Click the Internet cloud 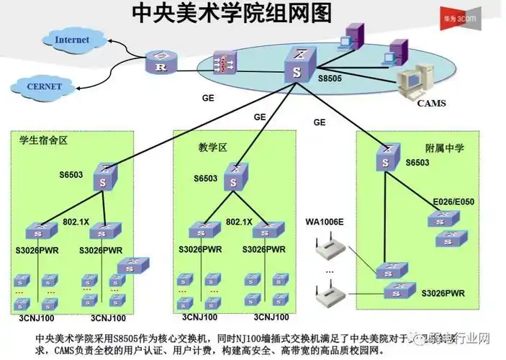tap(71, 40)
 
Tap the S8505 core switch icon tap(297, 66)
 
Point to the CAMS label tap(431, 103)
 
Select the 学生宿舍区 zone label tap(42, 140)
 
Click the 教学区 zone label tap(212, 148)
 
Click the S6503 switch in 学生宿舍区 tap(106, 176)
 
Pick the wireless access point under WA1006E tap(329, 248)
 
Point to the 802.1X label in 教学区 tap(239, 222)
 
